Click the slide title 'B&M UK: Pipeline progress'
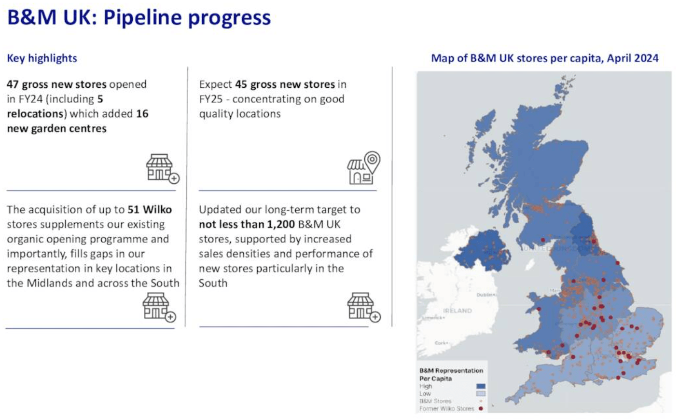pyautogui.click(x=139, y=18)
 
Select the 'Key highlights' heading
pyautogui.click(x=42, y=58)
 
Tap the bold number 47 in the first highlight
pyautogui.click(x=13, y=84)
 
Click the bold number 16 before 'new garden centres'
pyautogui.click(x=142, y=114)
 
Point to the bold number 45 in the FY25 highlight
pyautogui.click(x=241, y=84)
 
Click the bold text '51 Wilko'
pyautogui.click(x=150, y=210)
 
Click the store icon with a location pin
pyautogui.click(x=363, y=168)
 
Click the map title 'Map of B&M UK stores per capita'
pyautogui.click(x=544, y=58)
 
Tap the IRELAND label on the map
pyautogui.click(x=457, y=311)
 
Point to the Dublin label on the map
pyautogui.click(x=485, y=295)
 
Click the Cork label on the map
pyautogui.click(x=441, y=343)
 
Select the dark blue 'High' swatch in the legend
pyautogui.click(x=481, y=386)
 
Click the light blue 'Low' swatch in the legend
pyautogui.click(x=481, y=393)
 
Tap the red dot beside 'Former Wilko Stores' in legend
pyautogui.click(x=481, y=408)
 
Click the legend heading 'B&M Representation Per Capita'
pyautogui.click(x=451, y=375)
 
